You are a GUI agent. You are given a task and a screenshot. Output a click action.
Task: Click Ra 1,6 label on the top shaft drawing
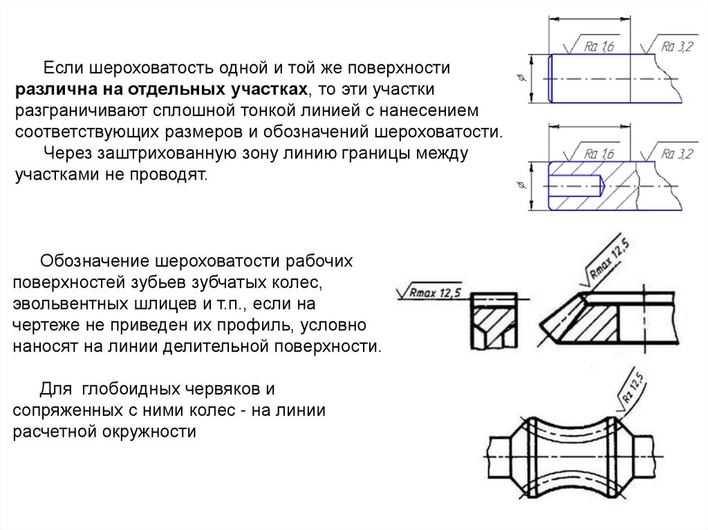click(599, 47)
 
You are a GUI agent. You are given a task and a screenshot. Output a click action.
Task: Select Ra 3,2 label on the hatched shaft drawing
click(676, 153)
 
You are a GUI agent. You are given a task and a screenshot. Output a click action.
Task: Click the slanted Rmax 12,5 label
click(611, 258)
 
